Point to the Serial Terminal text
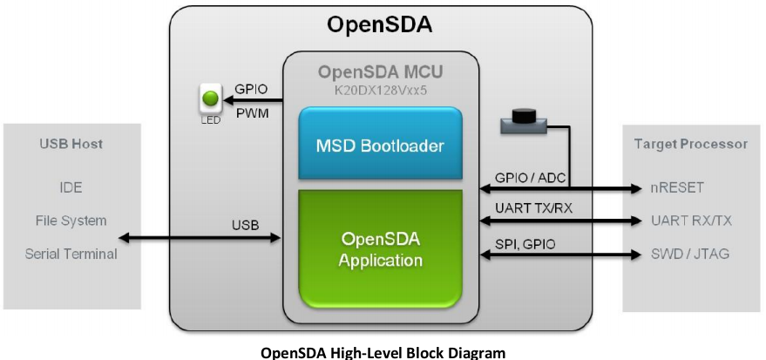71,254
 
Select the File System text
71,221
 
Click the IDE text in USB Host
71,187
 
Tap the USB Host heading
71,144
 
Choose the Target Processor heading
692,144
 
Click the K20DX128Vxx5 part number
381,90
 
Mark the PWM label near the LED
253,112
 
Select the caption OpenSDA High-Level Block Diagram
383,352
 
